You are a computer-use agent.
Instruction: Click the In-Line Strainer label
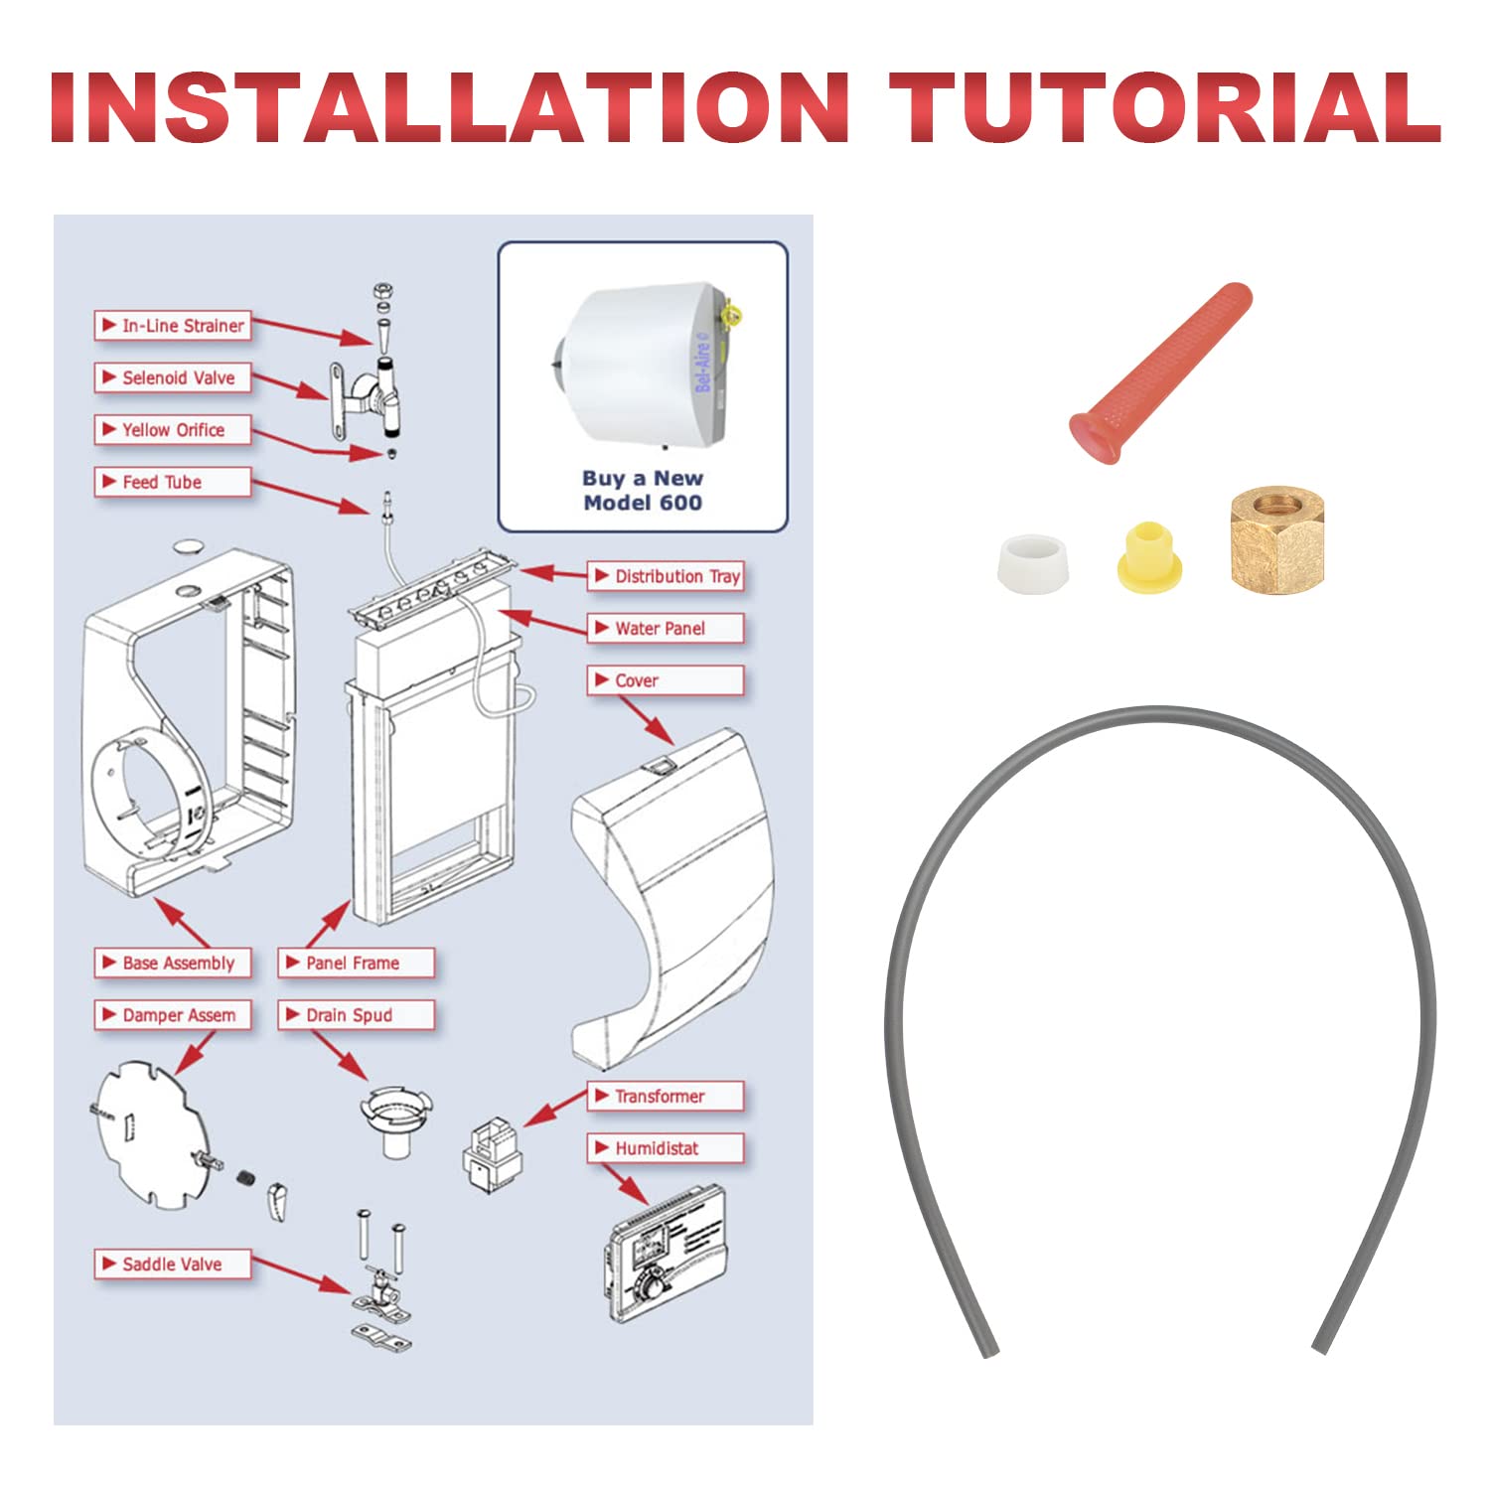[x=173, y=326]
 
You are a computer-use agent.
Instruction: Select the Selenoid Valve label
[x=173, y=377]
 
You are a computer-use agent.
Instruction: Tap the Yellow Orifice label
[x=173, y=430]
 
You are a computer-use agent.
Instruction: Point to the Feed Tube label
[x=173, y=482]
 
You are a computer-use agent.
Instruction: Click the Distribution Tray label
[x=666, y=576]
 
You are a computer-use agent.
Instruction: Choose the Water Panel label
[x=666, y=629]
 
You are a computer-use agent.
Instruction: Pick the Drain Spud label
[x=356, y=1015]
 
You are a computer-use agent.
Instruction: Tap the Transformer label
[x=666, y=1097]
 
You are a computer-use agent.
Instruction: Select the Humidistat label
[x=666, y=1148]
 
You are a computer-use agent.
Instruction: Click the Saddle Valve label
[x=173, y=1265]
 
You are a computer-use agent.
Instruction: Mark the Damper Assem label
[x=173, y=1015]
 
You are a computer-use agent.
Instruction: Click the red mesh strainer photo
[x=1159, y=374]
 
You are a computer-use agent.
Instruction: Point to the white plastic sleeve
[x=1036, y=563]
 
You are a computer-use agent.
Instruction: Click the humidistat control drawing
[x=666, y=1254]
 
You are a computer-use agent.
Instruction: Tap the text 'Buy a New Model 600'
[x=643, y=491]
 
